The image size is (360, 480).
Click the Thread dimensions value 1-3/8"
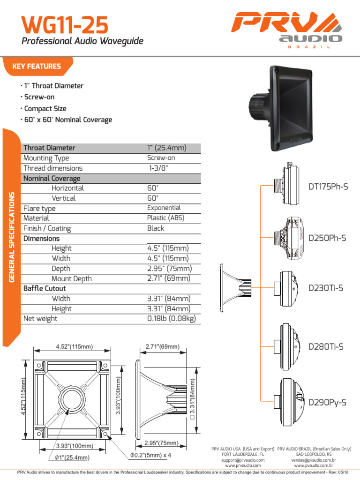pos(158,168)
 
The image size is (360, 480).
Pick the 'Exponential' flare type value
pos(164,208)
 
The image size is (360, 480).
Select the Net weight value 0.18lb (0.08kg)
pos(171,319)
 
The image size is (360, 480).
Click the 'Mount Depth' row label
pos(71,279)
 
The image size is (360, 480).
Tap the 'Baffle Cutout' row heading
pos(45,289)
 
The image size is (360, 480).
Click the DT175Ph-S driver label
pos(328,187)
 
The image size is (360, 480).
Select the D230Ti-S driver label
pos(326,288)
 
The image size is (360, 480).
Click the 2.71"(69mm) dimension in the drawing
pos(162,346)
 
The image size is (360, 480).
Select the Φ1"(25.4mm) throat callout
pos(72,457)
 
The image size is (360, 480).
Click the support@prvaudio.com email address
pos(243,460)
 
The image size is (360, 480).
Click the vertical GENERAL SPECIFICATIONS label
pos(12,237)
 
